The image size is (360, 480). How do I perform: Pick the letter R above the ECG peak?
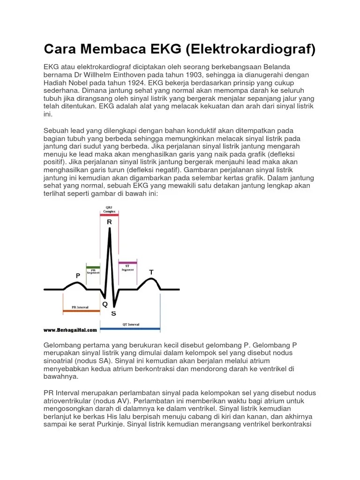coord(109,222)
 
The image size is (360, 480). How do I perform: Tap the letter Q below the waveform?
coord(105,304)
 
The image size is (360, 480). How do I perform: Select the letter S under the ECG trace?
coord(113,313)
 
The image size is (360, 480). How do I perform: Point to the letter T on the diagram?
coord(151,272)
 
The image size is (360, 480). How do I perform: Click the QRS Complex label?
coord(109,209)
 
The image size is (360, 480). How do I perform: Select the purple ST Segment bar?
coord(127,262)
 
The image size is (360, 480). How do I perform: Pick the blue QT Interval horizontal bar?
coord(130,328)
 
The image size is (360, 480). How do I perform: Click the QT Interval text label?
coord(130,324)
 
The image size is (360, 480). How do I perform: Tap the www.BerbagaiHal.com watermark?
coord(70,330)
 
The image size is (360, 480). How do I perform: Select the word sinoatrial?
coord(60,361)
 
